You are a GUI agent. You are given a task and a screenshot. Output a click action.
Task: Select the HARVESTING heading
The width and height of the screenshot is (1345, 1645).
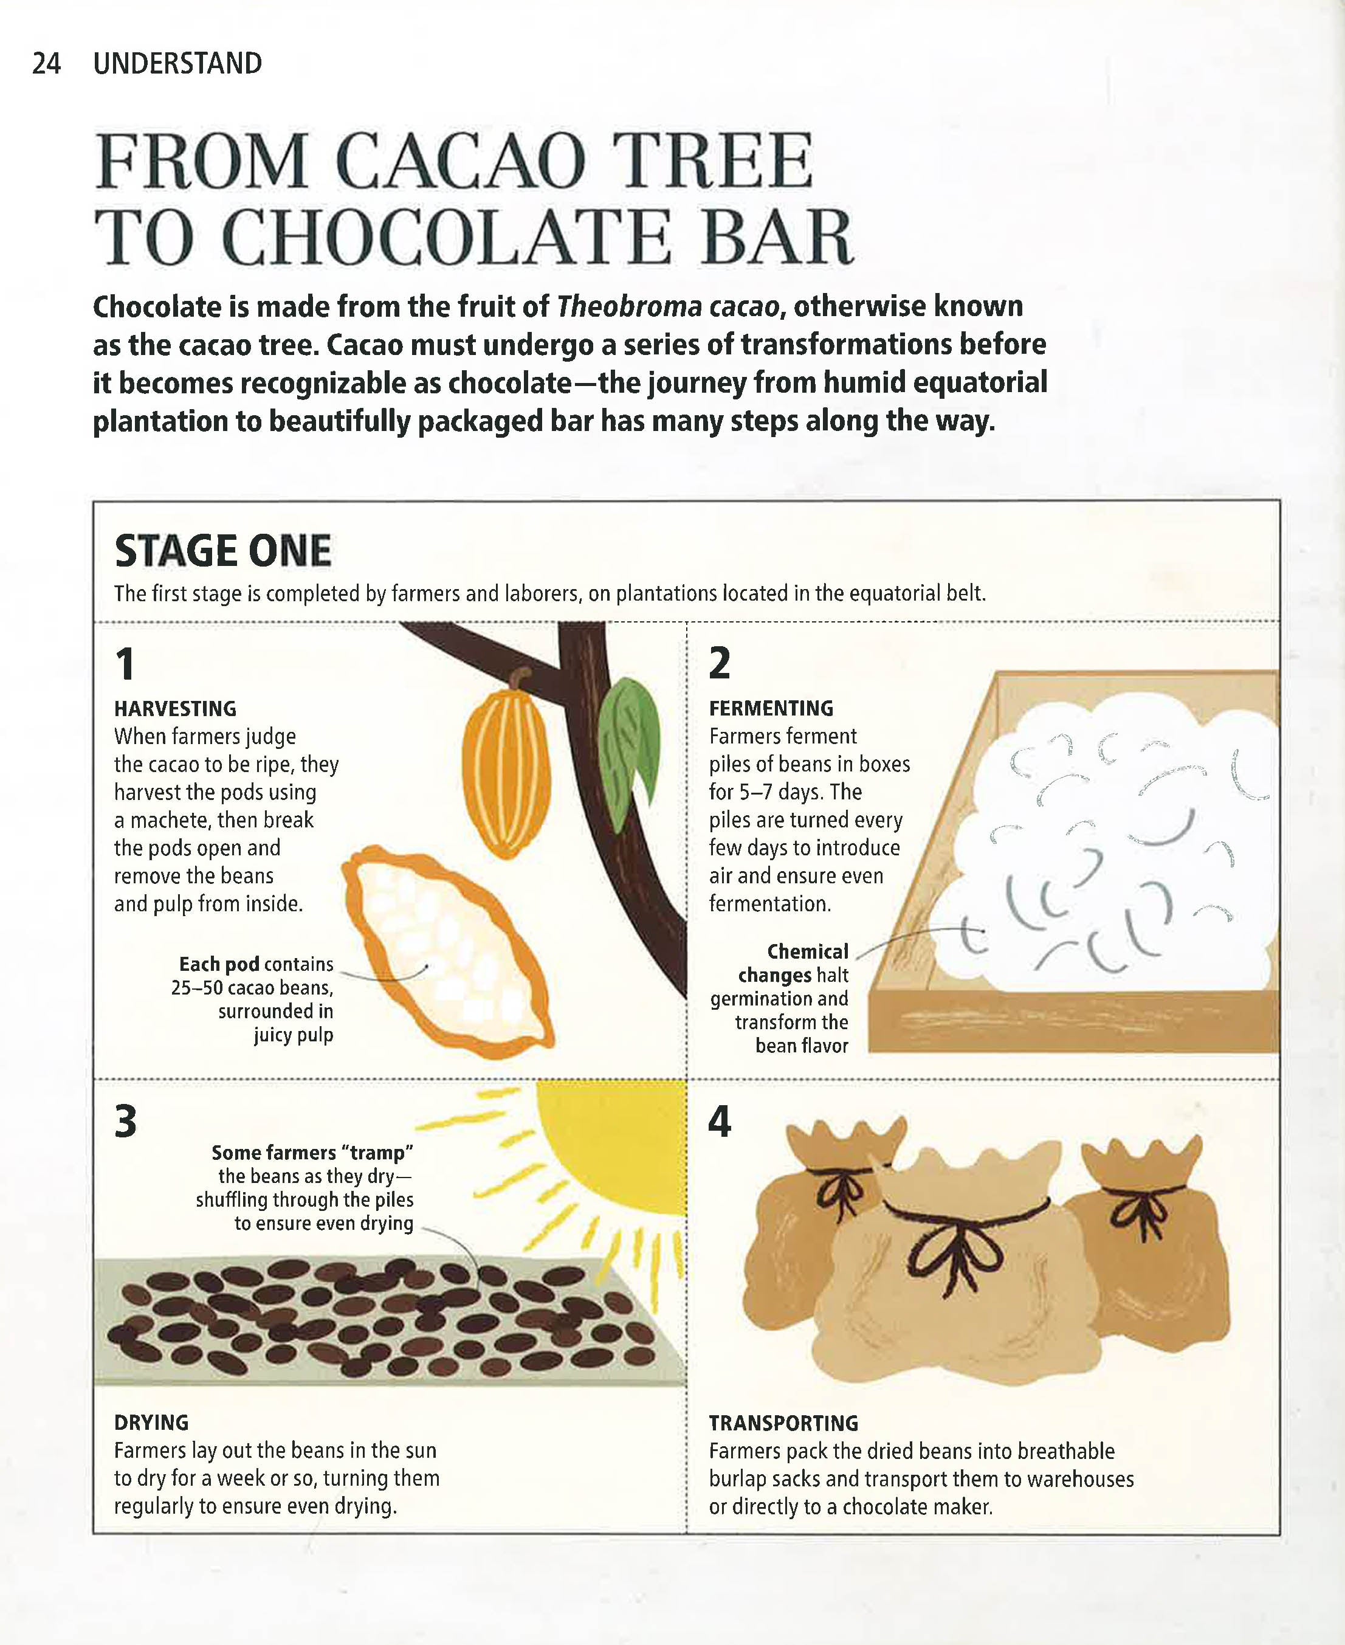click(175, 708)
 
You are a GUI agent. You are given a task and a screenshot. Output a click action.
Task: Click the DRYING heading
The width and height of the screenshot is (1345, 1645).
click(152, 1423)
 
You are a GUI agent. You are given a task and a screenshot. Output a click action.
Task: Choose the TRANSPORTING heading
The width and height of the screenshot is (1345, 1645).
click(784, 1423)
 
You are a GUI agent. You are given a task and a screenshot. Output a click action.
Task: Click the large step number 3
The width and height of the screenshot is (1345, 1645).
click(126, 1121)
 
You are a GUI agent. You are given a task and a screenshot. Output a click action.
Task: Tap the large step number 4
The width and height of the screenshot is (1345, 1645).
click(720, 1121)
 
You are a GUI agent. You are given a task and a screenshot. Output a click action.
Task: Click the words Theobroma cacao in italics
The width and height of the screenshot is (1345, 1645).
click(667, 307)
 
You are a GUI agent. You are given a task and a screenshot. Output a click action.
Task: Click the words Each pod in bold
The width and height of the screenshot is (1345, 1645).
click(220, 965)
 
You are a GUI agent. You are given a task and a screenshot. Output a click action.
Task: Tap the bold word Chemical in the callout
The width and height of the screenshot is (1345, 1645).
click(807, 951)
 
